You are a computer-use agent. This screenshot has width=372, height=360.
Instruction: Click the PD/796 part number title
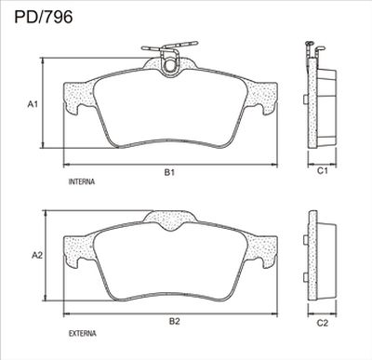click(44, 17)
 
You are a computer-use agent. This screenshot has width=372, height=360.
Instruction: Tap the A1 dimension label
click(33, 104)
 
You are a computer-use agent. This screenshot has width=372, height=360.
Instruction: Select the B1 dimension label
click(169, 172)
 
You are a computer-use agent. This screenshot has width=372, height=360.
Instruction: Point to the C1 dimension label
click(323, 170)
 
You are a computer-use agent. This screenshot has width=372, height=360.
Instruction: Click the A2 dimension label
click(37, 255)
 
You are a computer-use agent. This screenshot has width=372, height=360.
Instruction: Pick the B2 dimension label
click(174, 321)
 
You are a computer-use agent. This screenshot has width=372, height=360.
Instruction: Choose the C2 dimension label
click(323, 323)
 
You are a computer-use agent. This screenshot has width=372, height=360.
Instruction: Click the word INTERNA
click(82, 181)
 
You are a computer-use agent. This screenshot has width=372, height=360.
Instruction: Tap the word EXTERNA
click(82, 334)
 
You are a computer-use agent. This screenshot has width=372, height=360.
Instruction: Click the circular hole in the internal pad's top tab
click(169, 65)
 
